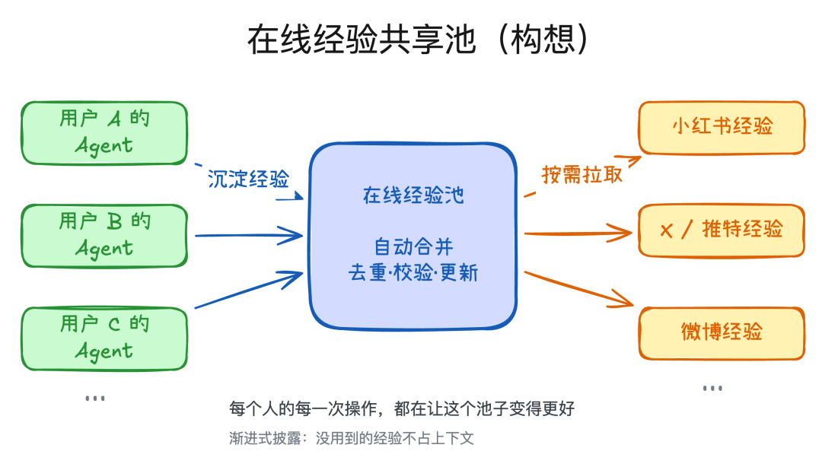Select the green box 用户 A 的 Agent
click(104, 132)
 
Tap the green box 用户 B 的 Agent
click(104, 235)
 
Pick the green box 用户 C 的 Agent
click(104, 338)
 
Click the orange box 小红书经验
click(722, 126)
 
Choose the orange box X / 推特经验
click(722, 230)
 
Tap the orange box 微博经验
click(722, 332)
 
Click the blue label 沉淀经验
click(248, 179)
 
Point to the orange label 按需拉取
click(582, 174)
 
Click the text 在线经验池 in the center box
click(413, 195)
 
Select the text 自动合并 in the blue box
click(413, 247)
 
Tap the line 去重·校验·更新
click(413, 272)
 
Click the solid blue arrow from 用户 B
click(248, 235)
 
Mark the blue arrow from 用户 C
click(248, 290)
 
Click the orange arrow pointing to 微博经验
click(578, 289)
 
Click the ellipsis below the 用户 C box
click(94, 399)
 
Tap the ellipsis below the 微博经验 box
click(712, 389)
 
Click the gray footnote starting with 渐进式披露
click(352, 439)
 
